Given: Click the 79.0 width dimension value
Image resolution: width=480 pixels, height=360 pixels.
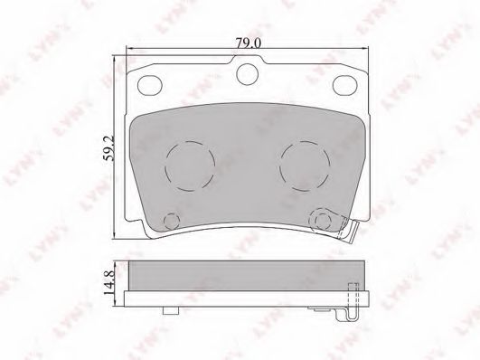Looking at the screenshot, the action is click(x=249, y=43).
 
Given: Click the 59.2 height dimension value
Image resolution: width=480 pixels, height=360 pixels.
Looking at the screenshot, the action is click(x=108, y=148).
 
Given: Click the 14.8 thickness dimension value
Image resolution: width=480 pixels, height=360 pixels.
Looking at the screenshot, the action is click(x=109, y=283).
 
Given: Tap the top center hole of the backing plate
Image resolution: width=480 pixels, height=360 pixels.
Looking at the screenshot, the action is click(x=248, y=74).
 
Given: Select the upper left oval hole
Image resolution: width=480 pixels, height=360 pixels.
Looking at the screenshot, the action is click(x=150, y=85).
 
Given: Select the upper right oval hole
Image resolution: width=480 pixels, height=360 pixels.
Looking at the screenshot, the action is click(x=345, y=85).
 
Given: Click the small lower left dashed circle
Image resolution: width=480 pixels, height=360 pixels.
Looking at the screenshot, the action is click(x=172, y=220).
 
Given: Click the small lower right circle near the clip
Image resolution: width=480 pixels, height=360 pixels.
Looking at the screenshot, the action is click(x=324, y=220).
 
